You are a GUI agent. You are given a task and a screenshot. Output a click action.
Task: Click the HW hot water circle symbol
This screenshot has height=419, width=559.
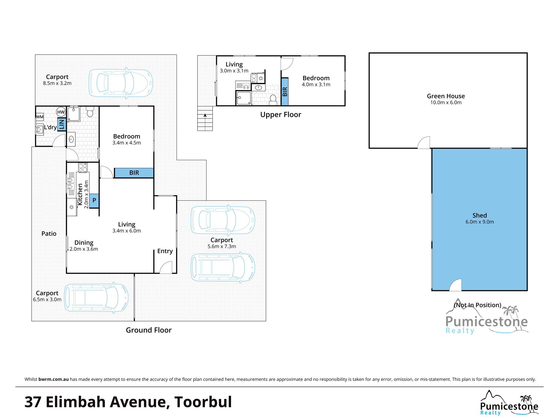[x=61, y=112]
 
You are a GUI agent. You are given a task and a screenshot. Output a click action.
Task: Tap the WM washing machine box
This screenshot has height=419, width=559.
[x=40, y=117]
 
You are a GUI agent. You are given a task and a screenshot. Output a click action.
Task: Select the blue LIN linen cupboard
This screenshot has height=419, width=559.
[x=61, y=124]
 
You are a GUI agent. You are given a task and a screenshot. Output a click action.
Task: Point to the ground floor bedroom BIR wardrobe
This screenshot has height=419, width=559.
[x=134, y=173]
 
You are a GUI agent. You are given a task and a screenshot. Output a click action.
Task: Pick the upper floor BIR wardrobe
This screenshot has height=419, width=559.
[x=285, y=92]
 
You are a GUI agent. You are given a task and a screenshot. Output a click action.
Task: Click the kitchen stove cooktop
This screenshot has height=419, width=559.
[x=83, y=167]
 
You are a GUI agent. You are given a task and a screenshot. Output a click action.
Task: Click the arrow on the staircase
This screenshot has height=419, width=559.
[x=205, y=115]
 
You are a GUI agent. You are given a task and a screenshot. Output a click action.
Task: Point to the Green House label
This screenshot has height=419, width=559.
[x=446, y=96]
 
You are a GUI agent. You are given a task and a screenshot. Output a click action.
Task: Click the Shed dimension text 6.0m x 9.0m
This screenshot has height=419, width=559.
[x=480, y=222]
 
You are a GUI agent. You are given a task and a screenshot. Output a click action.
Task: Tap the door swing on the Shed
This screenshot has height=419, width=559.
[x=456, y=285]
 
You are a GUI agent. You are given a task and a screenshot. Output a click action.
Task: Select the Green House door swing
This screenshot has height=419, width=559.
[x=424, y=142]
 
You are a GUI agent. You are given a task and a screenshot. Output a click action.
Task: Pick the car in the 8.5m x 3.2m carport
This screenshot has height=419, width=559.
[x=121, y=83]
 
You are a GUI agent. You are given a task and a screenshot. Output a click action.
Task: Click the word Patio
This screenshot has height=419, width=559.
[x=49, y=234]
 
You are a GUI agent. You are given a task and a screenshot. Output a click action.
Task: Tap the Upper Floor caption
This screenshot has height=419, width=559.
[x=281, y=115]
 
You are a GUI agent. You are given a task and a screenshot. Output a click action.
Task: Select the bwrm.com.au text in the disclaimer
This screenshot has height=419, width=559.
[x=54, y=379]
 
